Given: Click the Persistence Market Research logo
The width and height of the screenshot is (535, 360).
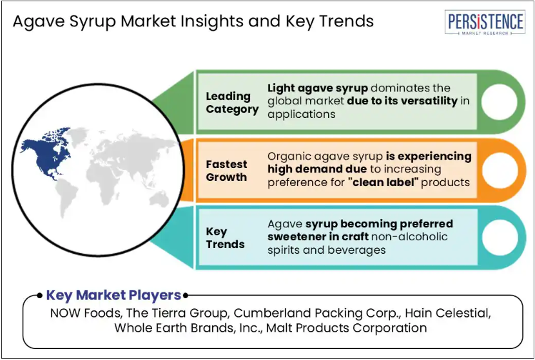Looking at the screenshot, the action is click(485, 22).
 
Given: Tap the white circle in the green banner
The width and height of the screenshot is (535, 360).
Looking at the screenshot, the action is click(499, 102).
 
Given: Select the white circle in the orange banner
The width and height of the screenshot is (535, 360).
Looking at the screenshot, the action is click(499, 170).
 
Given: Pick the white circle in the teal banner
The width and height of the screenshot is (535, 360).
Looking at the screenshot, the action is click(499, 237).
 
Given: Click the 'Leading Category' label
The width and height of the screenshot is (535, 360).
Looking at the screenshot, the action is click(232, 102).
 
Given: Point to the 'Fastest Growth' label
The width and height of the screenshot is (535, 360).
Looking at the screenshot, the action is click(226, 171).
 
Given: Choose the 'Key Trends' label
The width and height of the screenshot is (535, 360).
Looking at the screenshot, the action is click(225, 238).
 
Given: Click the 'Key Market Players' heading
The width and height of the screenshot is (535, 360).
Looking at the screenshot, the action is click(113, 295).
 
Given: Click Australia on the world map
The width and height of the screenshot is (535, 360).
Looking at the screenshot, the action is click(159, 199).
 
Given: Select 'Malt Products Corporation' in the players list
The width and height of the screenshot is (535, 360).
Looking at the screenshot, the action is click(346, 328).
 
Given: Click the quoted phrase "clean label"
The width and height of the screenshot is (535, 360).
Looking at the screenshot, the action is click(384, 182).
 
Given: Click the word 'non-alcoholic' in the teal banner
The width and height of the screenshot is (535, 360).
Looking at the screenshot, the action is click(409, 236).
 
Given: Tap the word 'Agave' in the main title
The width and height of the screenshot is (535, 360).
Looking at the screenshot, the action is click(39, 21).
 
